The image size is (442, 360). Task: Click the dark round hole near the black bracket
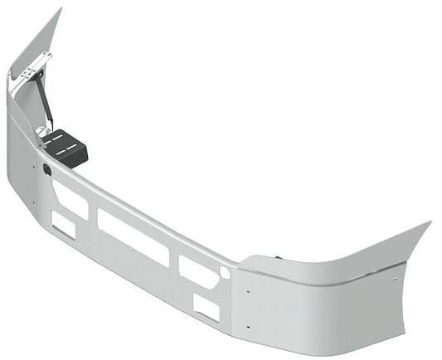click(46, 170)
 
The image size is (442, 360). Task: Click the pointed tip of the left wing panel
click(60, 10)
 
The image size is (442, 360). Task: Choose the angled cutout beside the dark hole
click(70, 197)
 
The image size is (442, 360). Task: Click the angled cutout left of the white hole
click(198, 271)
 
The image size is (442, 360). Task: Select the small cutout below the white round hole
click(206, 308)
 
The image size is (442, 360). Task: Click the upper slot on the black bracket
click(61, 139)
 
